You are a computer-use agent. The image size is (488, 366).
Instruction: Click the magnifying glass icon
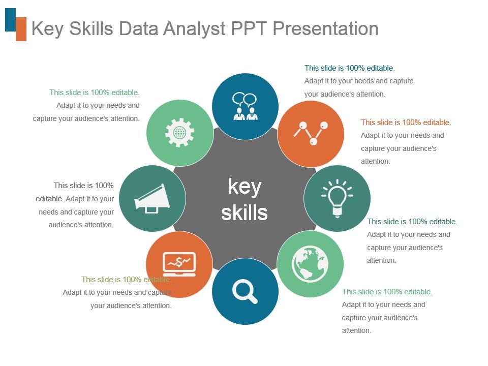click(x=245, y=292)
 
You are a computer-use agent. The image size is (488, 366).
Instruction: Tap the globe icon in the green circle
click(x=310, y=264)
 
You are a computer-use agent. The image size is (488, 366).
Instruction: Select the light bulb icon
click(x=337, y=198)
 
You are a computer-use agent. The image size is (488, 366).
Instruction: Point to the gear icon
click(x=179, y=133)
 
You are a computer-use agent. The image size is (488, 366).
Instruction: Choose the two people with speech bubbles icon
click(x=245, y=106)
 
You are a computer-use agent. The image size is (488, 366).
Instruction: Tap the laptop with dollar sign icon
click(x=179, y=264)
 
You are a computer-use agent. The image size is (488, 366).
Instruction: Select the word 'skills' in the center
click(x=245, y=212)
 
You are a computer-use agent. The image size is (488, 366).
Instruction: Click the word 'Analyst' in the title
click(x=195, y=29)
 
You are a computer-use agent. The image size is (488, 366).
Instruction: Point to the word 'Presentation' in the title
click(x=325, y=29)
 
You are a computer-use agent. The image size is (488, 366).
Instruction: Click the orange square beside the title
click(x=21, y=29)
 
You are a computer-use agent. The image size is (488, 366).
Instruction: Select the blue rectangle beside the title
click(x=10, y=20)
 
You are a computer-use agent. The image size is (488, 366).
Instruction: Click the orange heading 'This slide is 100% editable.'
click(x=406, y=123)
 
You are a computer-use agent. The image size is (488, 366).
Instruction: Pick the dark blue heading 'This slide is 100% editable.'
click(x=349, y=68)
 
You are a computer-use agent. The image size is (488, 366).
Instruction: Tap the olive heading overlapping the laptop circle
click(x=126, y=280)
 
